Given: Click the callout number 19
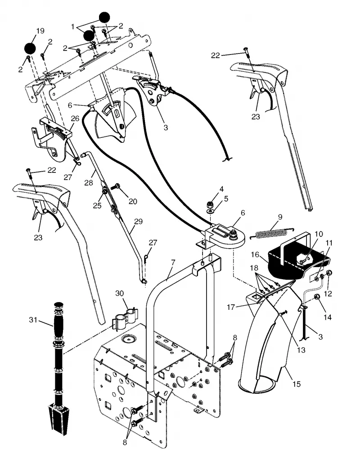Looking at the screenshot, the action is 40,31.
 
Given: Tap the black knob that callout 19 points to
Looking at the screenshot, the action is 30,48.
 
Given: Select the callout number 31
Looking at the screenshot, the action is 33,320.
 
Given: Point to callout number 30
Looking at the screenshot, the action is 119,293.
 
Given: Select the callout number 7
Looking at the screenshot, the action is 173,262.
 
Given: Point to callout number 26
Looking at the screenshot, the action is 75,118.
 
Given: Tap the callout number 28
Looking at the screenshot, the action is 89,182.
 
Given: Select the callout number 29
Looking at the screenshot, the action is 138,222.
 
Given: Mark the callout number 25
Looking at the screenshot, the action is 97,205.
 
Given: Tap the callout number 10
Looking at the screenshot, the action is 319,234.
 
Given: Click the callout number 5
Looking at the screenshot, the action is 226,199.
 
